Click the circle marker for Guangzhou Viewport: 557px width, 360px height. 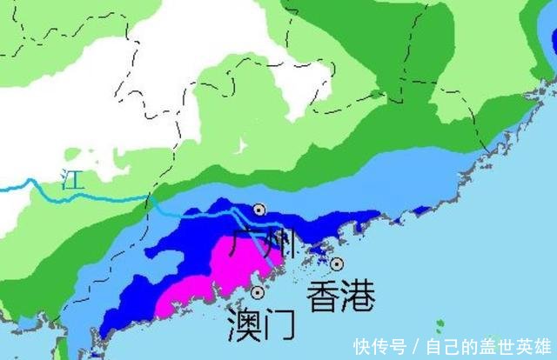[x=259, y=210]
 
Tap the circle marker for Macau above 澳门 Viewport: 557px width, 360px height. [x=258, y=292]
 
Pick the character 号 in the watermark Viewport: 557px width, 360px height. [x=396, y=345]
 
